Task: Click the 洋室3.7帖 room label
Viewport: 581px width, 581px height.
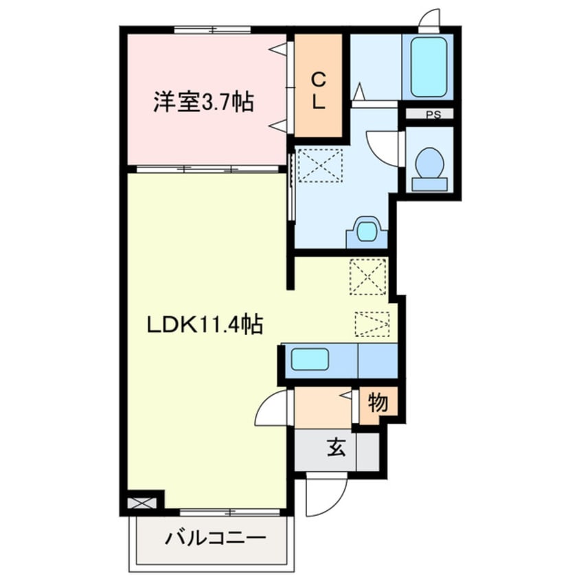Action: click(203, 103)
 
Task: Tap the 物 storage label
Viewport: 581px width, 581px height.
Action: click(377, 403)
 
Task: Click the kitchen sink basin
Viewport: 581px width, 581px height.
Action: click(310, 359)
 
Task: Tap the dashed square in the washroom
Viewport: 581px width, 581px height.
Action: click(319, 166)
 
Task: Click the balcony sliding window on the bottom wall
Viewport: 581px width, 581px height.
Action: click(231, 512)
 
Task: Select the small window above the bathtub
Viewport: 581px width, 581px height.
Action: click(429, 20)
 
